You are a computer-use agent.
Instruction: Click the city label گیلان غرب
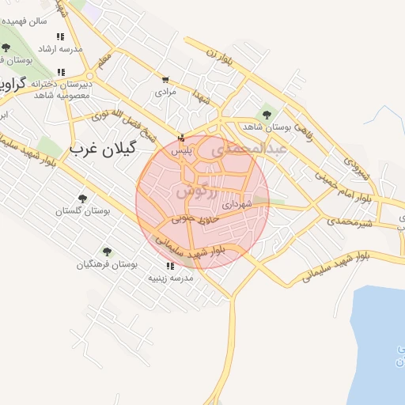pos(103,148)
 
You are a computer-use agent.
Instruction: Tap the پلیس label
pos(182,150)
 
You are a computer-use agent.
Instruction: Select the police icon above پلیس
pos(183,138)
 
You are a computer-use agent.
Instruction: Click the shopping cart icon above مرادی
pos(165,80)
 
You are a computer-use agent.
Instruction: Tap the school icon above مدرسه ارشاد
pos(61,36)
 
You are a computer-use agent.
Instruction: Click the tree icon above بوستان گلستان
pos(82,199)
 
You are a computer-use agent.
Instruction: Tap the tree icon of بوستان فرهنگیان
pos(106,252)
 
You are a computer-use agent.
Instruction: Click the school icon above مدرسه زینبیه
pos(170,266)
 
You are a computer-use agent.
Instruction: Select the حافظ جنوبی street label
pos(195,219)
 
